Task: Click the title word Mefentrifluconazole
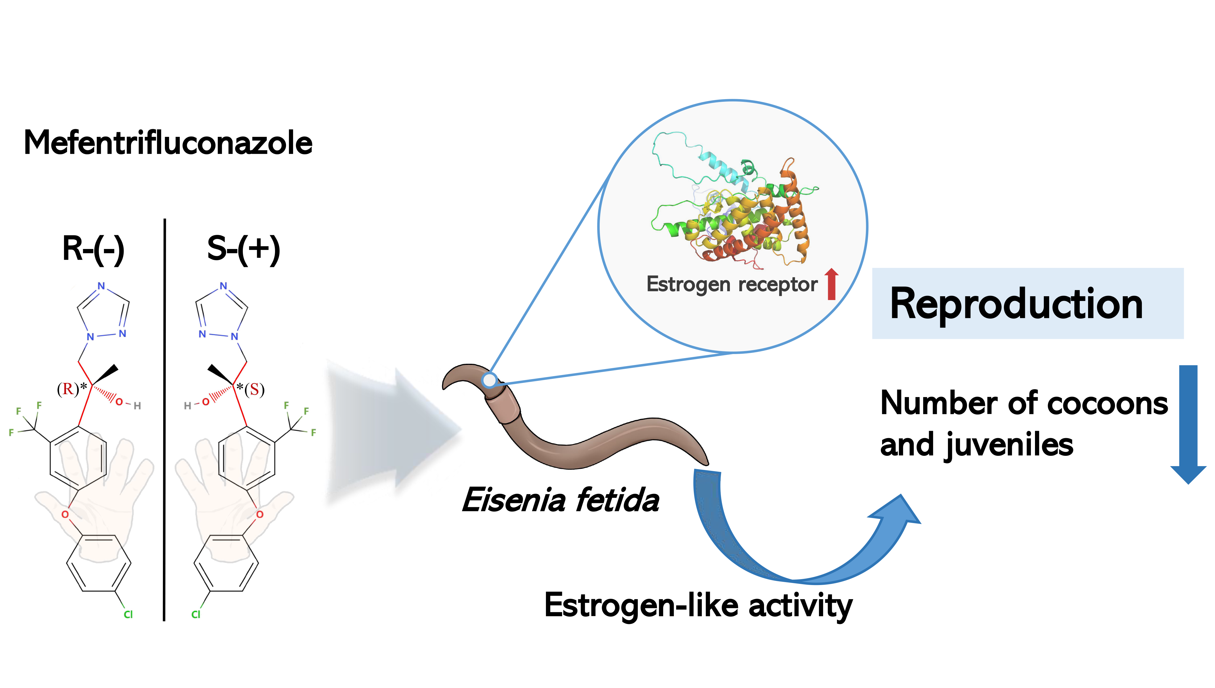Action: coord(168,143)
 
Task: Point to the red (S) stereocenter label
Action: coord(254,389)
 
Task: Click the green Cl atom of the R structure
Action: coord(128,614)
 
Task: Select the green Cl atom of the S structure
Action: coord(196,614)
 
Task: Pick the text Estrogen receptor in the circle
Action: coord(732,284)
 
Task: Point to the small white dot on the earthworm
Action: coord(490,380)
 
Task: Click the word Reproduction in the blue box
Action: coord(1016,304)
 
